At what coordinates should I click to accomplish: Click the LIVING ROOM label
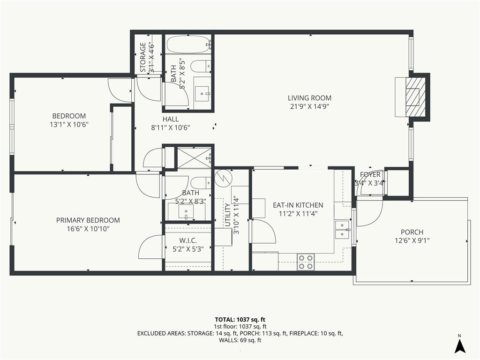pyautogui.click(x=309, y=98)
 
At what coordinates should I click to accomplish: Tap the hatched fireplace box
pyautogui.click(x=415, y=97)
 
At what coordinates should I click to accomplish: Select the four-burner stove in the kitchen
pyautogui.click(x=306, y=262)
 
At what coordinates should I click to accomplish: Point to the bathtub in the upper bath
pyautogui.click(x=189, y=44)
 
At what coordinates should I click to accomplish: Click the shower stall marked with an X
pyautogui.click(x=194, y=157)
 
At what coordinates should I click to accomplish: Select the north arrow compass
pyautogui.click(x=460, y=345)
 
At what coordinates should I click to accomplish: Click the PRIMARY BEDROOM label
pyautogui.click(x=88, y=220)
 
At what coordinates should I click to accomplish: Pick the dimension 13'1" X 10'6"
pyautogui.click(x=69, y=125)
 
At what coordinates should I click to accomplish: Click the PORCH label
pyautogui.click(x=412, y=232)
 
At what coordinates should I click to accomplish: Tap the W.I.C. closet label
pyautogui.click(x=188, y=240)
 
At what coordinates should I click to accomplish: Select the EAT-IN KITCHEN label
pyautogui.click(x=298, y=205)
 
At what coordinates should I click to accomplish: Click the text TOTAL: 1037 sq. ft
pyautogui.click(x=240, y=320)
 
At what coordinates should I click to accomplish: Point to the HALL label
pyautogui.click(x=171, y=119)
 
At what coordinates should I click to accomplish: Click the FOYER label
pyautogui.click(x=370, y=175)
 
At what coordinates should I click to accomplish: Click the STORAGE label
pyautogui.click(x=143, y=57)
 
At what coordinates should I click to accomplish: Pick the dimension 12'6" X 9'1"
pyautogui.click(x=412, y=240)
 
